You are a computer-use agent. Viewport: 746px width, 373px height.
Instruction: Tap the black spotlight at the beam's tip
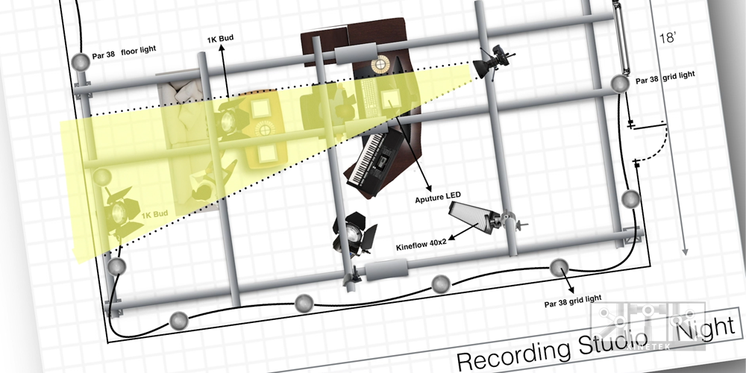(492, 61)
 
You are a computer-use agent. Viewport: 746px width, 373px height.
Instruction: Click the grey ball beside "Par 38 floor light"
(80, 61)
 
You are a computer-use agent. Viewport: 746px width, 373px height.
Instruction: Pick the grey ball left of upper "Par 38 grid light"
(618, 84)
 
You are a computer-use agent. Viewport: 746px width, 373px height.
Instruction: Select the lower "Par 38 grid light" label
(573, 299)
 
